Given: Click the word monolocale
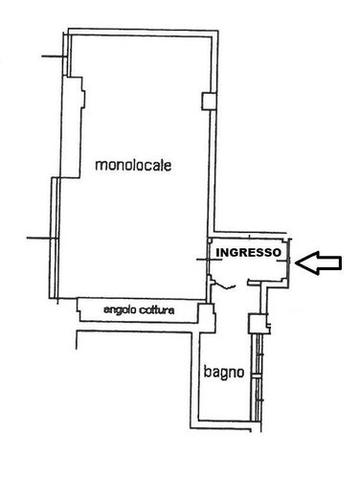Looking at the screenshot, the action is point(133,165).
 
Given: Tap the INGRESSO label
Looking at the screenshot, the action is point(248,253).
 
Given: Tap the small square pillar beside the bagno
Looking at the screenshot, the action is point(255,323).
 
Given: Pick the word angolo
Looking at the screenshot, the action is point(116,309).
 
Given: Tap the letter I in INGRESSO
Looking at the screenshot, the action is point(217,253).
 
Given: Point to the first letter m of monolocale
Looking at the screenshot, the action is point(100,166).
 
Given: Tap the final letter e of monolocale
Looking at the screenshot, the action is point(168,166).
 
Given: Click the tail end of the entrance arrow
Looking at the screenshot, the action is point(340,261).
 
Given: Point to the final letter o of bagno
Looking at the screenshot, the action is point(241,373).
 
